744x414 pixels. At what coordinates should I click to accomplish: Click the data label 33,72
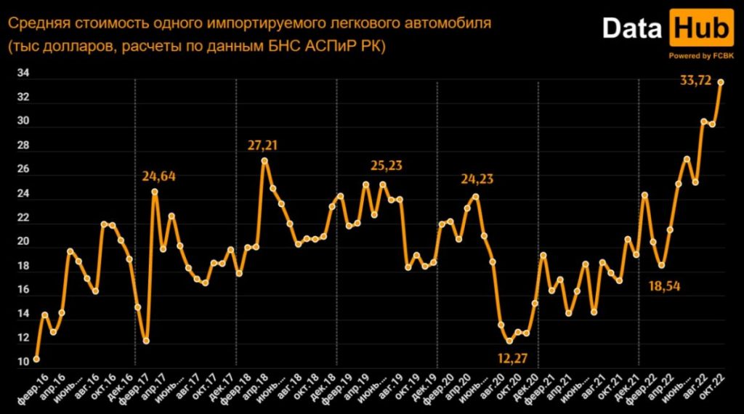coord(695,81)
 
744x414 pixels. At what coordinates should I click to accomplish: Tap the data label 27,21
coord(263,146)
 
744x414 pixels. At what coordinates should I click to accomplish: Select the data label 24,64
coord(160,176)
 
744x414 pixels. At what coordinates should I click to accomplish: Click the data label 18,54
coord(664,285)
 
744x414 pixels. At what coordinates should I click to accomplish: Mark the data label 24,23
coord(477,178)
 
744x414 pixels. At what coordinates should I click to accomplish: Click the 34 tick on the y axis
coord(23,73)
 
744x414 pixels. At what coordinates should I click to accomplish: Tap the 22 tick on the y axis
coord(23,218)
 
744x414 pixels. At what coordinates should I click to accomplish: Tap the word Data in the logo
coord(632,29)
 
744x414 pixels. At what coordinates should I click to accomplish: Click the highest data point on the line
coord(721,82)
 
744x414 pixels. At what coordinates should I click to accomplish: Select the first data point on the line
coord(36,359)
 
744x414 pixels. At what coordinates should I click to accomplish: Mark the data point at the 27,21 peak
coord(264,161)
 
